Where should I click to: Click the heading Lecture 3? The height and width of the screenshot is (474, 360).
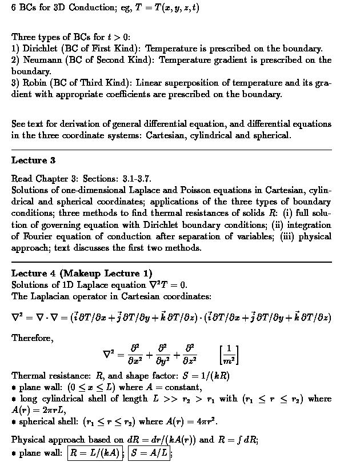pos(33,160)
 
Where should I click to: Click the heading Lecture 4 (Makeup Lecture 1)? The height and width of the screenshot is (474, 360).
pos(82,273)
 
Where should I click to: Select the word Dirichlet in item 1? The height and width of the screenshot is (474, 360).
pos(39,49)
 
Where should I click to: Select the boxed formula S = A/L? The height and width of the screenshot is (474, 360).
pos(149,453)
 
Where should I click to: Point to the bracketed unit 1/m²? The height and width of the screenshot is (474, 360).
pos(229,354)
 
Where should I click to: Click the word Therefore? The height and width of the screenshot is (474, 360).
pos(33,338)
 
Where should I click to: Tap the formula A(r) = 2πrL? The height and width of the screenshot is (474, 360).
pos(31,410)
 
